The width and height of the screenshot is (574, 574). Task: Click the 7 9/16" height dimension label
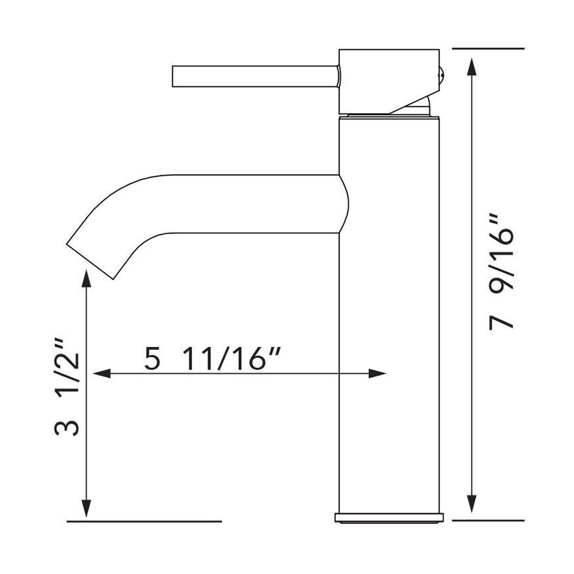[x=501, y=272]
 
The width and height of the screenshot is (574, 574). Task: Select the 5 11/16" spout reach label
[x=213, y=359]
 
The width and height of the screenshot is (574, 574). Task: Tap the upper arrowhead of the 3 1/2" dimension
[x=87, y=278]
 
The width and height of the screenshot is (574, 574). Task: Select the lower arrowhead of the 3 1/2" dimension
[x=87, y=508]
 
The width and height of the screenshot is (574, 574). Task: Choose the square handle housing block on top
[x=388, y=79]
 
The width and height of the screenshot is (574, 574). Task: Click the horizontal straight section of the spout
[x=254, y=203]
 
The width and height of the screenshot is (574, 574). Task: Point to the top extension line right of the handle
[x=489, y=48]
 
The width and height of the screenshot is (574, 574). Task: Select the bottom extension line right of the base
[x=489, y=520]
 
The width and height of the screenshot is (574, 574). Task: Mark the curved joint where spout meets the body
[x=344, y=203]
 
